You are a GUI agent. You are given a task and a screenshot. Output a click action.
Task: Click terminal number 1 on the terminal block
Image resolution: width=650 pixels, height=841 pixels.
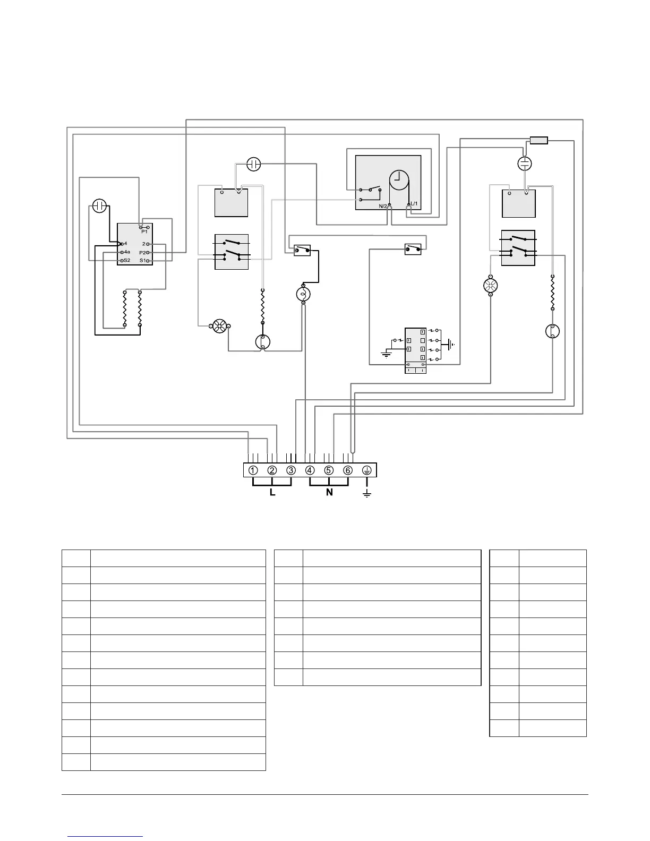coord(253,470)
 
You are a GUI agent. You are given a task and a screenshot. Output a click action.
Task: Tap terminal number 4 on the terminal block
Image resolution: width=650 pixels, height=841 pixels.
coord(310,470)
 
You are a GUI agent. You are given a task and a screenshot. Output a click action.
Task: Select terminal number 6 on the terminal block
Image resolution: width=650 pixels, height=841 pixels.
coord(348,470)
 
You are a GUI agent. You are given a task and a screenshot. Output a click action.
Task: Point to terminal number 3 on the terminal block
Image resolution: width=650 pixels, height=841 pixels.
coord(291,470)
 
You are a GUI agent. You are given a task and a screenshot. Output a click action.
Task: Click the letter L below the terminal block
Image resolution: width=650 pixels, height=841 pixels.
coord(272,493)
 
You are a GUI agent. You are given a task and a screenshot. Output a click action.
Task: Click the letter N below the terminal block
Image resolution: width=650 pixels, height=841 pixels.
coord(329,493)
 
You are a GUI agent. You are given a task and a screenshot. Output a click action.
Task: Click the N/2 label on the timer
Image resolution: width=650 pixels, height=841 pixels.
coord(383,206)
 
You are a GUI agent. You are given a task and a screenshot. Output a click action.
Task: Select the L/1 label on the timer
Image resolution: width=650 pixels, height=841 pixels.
coord(415,204)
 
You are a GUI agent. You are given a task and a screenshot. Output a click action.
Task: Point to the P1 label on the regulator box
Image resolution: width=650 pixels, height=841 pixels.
coord(144,231)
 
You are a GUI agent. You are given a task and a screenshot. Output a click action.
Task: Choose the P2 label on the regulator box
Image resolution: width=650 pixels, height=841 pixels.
coord(142,252)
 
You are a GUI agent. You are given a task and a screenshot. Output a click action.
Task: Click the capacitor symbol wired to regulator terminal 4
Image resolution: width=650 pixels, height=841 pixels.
coord(100,206)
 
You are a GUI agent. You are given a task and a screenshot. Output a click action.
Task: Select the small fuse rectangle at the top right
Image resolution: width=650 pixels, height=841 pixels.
coord(538,140)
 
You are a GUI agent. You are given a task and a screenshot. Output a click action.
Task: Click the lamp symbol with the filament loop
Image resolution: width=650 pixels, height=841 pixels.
coord(303,294)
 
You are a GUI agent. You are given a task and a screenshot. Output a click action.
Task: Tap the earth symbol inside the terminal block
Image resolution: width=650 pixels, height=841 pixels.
coord(367,470)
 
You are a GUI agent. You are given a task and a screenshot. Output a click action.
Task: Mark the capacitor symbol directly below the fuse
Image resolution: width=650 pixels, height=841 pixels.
coord(525,163)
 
